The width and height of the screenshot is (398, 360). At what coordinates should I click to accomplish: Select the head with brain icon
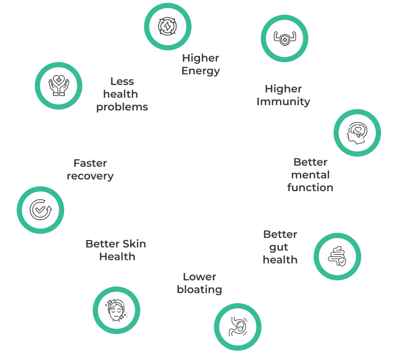point(357,133)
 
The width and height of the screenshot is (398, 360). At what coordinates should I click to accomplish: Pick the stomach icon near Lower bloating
point(238,327)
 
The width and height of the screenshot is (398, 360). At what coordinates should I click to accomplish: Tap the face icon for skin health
point(116,311)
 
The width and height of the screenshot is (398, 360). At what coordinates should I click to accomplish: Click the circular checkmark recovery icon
point(40,209)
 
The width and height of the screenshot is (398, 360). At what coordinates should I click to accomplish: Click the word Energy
point(201,71)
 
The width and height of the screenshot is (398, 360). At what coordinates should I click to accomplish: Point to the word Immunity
point(283,101)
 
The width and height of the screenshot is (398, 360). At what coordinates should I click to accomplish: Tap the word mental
point(310,175)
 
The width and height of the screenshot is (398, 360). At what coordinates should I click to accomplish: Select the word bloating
point(200,289)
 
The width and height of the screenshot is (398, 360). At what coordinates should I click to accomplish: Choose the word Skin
point(133,244)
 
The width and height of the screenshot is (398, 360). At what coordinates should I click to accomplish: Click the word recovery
point(90,176)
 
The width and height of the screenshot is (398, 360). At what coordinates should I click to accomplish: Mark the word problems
point(122,107)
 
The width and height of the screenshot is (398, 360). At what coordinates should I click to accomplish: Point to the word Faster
point(90,163)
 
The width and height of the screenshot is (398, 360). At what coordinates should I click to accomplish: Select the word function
point(310,187)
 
